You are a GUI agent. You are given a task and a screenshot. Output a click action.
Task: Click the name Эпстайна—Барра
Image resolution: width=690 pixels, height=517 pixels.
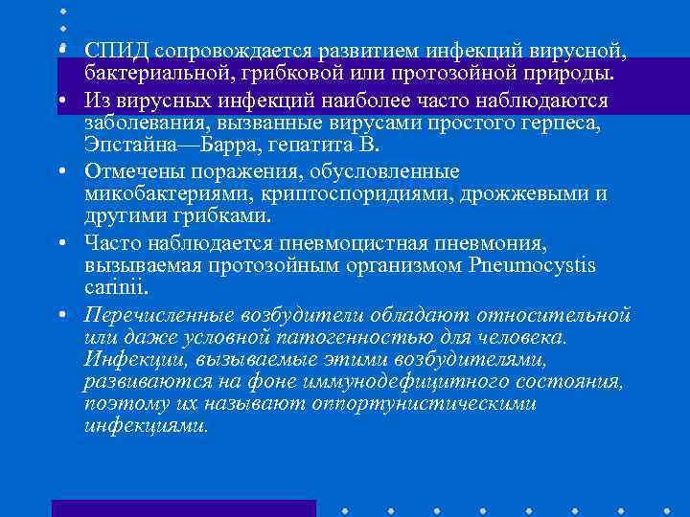pos(169,146)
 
